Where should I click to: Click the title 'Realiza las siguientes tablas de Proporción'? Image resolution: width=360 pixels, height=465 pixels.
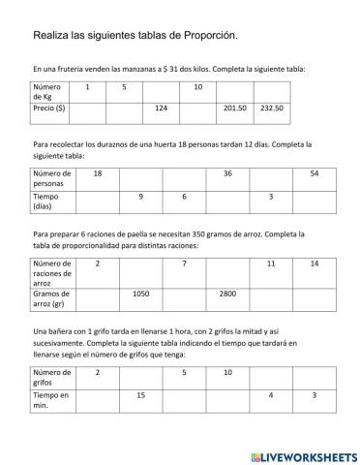tap(134, 36)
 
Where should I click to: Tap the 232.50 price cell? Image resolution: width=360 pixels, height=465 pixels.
tap(271, 108)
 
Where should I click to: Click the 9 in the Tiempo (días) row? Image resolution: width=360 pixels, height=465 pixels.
tap(140, 197)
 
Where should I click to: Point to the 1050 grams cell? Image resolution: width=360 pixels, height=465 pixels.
tap(141, 293)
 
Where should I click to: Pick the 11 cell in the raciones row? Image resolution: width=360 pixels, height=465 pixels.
tap(271, 263)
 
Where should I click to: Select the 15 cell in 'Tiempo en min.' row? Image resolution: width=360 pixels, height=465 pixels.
tap(140, 394)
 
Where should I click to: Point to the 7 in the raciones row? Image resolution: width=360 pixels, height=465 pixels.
tap(184, 263)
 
